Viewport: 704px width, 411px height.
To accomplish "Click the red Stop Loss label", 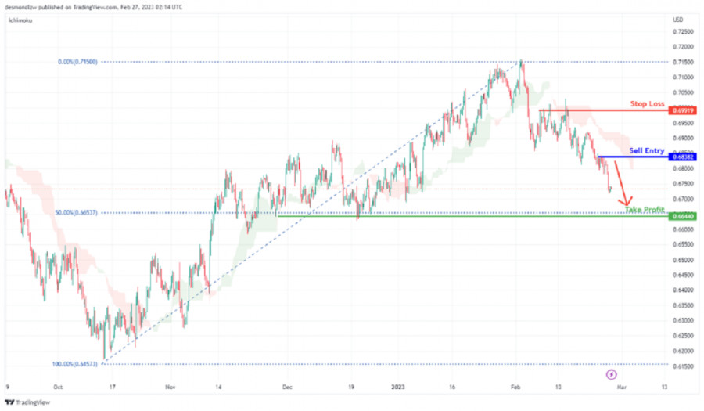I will click(647, 103).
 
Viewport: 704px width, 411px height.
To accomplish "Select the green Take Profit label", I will click(645, 210).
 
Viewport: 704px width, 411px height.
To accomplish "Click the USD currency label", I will click(679, 19).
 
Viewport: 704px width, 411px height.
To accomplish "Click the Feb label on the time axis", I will click(516, 387).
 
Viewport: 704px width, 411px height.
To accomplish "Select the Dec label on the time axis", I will click(287, 387).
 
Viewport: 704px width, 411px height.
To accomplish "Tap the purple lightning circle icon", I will click(612, 375).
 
